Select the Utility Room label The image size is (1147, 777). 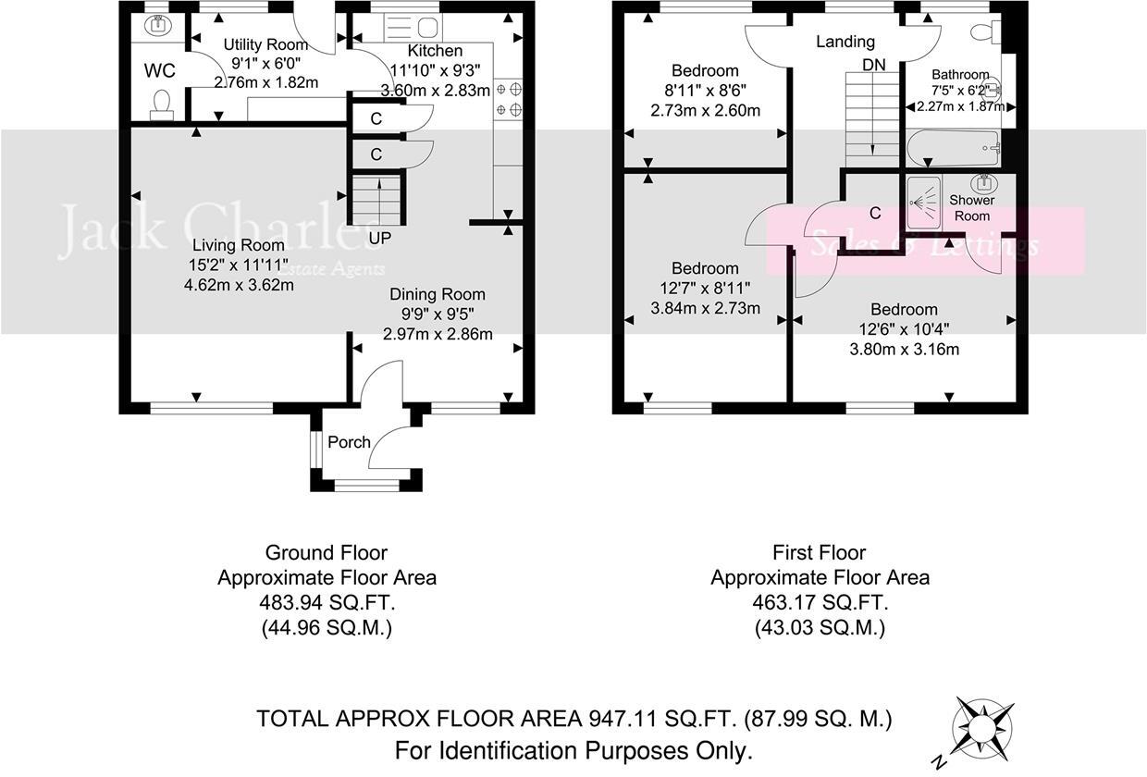(265, 44)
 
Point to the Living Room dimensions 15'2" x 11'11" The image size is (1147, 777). (240, 265)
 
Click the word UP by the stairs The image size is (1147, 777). (378, 238)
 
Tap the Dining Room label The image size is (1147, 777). (437, 294)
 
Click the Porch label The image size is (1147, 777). (349, 442)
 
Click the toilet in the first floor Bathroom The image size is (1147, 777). (981, 32)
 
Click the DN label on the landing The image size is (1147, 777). (873, 65)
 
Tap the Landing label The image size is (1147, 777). (845, 42)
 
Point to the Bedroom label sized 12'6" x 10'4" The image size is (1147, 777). (904, 310)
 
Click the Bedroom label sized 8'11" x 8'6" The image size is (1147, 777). (705, 71)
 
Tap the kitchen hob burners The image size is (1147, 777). (509, 100)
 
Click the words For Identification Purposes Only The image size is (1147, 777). (573, 749)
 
